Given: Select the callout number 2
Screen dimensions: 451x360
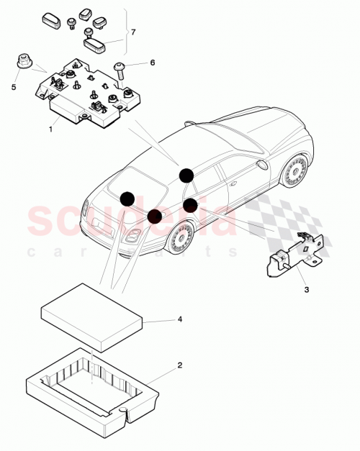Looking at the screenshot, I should pyautogui.click(x=179, y=365).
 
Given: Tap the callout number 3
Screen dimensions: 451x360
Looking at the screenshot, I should pyautogui.click(x=305, y=290).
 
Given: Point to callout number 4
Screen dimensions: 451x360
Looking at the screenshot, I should pyautogui.click(x=179, y=318).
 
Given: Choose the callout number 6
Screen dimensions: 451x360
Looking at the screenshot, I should pyautogui.click(x=153, y=63).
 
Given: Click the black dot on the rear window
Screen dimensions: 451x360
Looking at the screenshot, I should pyautogui.click(x=127, y=199).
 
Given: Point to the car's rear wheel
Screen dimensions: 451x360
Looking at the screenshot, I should pyautogui.click(x=181, y=237).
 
